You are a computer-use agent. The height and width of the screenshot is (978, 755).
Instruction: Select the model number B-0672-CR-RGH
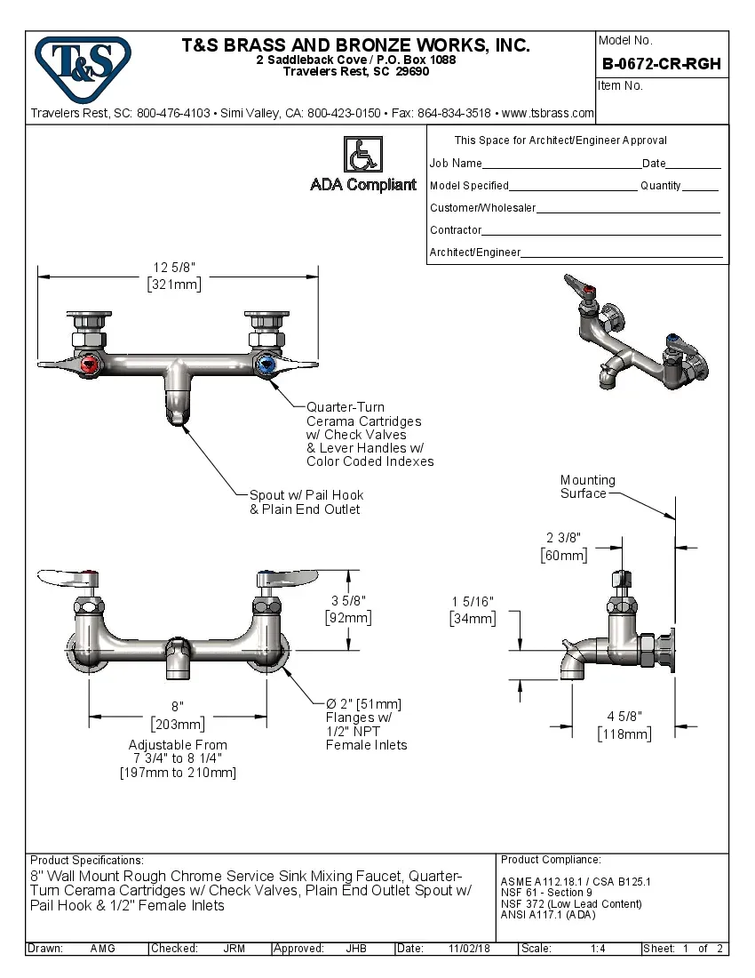click(661, 64)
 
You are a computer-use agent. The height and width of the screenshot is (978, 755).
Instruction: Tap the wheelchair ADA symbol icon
click(362, 155)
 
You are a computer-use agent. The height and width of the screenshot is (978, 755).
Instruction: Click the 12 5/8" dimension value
click(174, 268)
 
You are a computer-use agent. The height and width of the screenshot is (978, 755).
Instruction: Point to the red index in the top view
click(89, 365)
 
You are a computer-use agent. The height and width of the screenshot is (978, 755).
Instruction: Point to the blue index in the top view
click(265, 365)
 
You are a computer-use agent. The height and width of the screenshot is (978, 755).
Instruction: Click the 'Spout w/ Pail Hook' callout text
click(306, 495)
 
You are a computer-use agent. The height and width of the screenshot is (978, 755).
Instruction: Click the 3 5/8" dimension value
click(348, 600)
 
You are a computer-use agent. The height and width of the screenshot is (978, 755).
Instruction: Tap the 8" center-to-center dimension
click(178, 705)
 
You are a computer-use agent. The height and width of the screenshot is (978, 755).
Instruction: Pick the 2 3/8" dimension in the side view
click(563, 538)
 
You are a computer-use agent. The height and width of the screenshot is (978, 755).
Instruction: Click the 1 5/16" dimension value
click(473, 602)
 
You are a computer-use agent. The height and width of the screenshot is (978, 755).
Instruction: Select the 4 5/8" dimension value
click(624, 717)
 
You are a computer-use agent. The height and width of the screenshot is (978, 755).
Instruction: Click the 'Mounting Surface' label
click(587, 486)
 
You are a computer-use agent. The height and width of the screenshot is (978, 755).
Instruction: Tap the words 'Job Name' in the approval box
click(456, 164)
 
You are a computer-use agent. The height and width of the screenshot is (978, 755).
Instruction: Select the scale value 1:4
click(598, 949)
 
